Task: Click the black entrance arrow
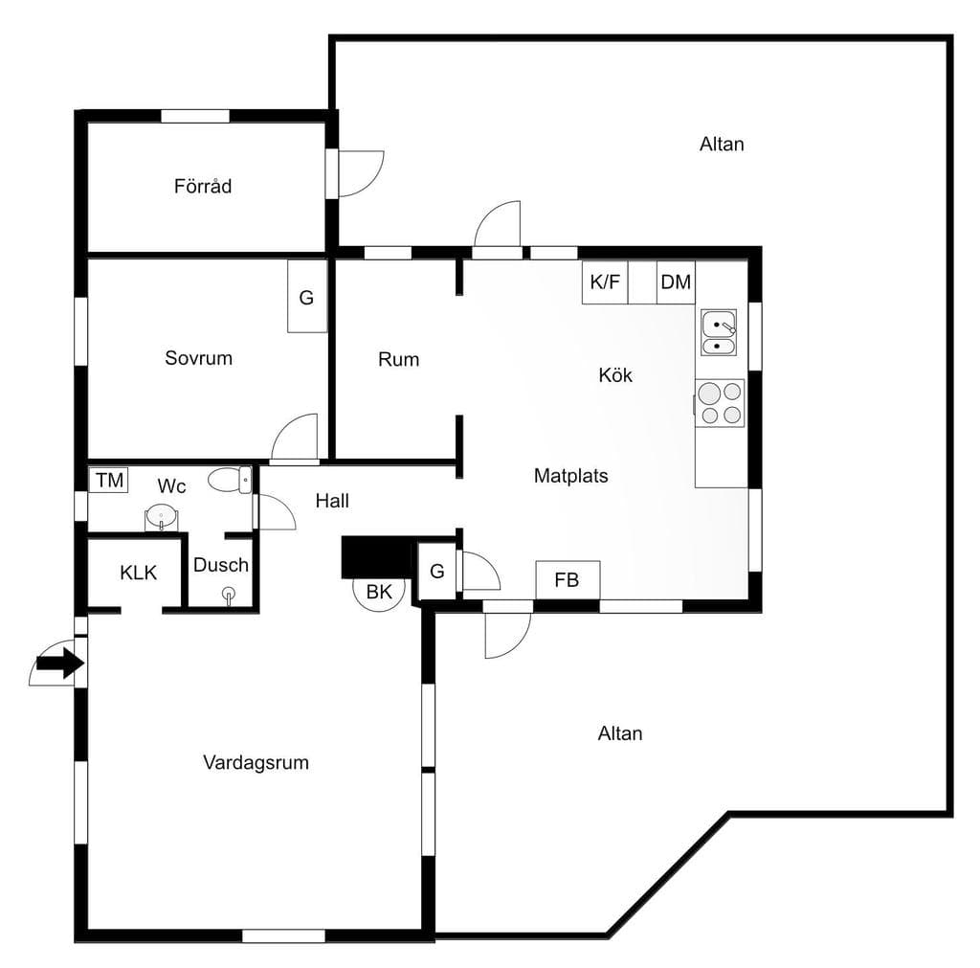pos(60,663)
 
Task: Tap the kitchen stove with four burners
pos(720,403)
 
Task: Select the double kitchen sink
pos(719,332)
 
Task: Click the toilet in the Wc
pos(230,481)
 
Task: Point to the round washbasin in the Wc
pos(161,516)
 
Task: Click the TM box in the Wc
pos(109,481)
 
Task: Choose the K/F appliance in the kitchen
pos(605,282)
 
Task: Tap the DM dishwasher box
pos(676,282)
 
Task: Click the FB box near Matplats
pos(568,580)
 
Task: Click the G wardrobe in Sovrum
pos(307,297)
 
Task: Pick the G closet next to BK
pos(436,572)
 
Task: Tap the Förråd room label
pos(203,186)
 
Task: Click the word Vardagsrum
pos(256,762)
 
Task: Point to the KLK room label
pos(138,573)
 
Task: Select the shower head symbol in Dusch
pos(230,595)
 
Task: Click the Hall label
pos(332,500)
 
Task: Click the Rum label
pos(398,360)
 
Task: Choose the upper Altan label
pos(722,145)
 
